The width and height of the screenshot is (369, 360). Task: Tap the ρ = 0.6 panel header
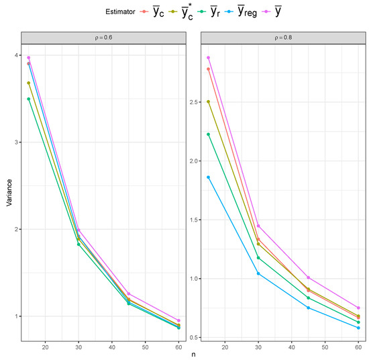tap(102, 38)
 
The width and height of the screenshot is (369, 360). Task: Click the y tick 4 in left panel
tap(15, 56)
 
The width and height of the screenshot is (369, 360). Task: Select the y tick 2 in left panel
tap(15, 229)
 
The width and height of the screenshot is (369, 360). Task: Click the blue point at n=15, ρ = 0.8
tap(209, 177)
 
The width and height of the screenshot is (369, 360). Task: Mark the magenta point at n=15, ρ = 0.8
tap(209, 58)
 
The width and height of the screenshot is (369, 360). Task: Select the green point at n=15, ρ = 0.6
tap(29, 99)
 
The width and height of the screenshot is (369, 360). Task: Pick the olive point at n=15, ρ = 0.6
tap(29, 83)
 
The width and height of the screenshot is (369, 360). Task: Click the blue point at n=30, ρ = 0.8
tap(258, 273)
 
